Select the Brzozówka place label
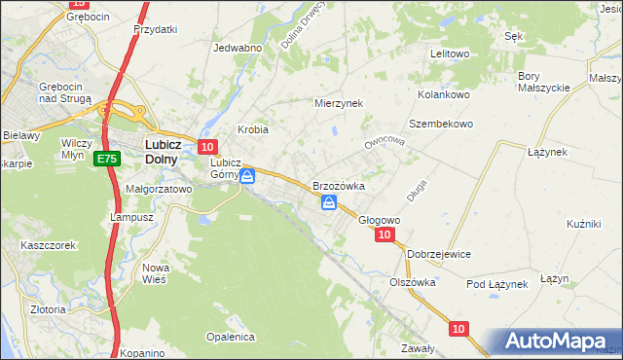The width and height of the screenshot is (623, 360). pyautogui.click(x=338, y=186)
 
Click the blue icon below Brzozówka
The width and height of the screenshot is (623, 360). pyautogui.click(x=329, y=202)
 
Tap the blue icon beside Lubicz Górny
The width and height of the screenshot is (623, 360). pyautogui.click(x=247, y=176)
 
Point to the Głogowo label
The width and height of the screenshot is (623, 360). pyautogui.click(x=379, y=220)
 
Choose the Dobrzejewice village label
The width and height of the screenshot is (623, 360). pyautogui.click(x=439, y=254)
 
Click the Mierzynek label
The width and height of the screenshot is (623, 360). pyautogui.click(x=338, y=102)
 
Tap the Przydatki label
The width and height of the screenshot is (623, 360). pyautogui.click(x=156, y=29)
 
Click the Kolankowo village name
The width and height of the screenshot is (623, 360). pyautogui.click(x=444, y=94)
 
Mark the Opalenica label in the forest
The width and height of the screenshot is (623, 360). pyautogui.click(x=230, y=337)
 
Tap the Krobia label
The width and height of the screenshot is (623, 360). pyautogui.click(x=253, y=129)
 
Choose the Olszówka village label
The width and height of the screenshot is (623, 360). pyautogui.click(x=412, y=282)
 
